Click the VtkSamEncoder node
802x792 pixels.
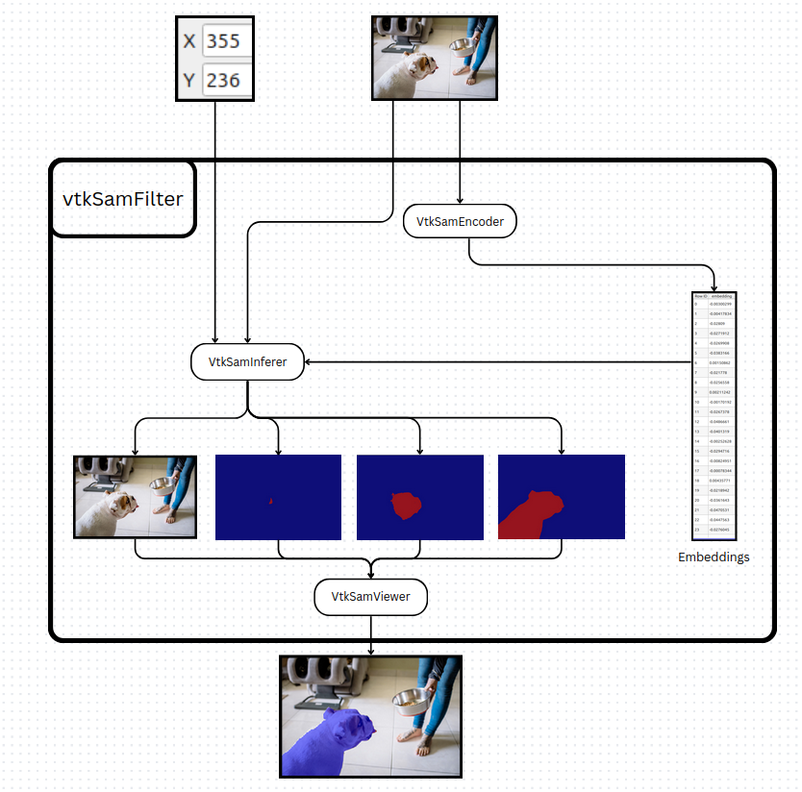coord(460,221)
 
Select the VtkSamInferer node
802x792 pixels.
coord(248,361)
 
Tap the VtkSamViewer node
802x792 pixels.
coord(370,597)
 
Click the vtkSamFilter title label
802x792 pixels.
coord(122,200)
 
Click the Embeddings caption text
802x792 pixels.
coord(714,557)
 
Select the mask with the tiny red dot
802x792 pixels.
coord(278,497)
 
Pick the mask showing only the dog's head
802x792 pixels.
coord(419,497)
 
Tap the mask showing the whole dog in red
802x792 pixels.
coord(561,497)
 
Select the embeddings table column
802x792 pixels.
coord(714,416)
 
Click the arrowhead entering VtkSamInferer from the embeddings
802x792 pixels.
coord(310,361)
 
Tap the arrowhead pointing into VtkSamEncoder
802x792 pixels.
coord(460,200)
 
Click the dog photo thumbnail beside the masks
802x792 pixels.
coord(135,497)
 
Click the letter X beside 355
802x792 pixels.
coord(188,41)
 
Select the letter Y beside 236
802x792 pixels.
coord(188,80)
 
